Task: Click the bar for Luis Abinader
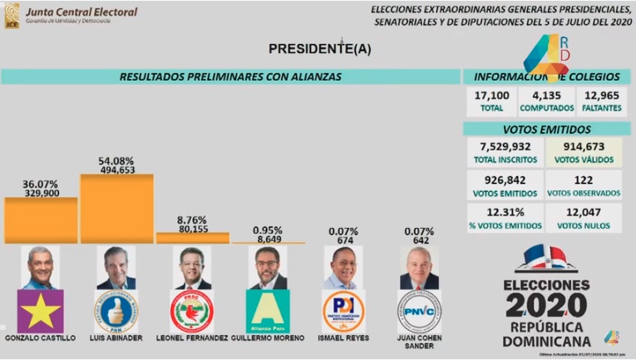(x=116, y=209)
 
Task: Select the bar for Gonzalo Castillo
(x=41, y=220)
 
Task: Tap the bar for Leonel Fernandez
(x=193, y=238)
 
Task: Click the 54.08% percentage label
(x=116, y=160)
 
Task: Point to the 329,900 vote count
(x=41, y=192)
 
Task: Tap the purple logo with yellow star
(x=41, y=311)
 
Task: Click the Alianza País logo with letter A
(x=267, y=311)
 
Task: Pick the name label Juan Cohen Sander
(x=419, y=342)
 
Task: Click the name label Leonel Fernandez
(x=193, y=338)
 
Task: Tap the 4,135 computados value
(x=546, y=96)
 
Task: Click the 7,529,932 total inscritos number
(x=501, y=147)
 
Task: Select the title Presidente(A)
(x=318, y=49)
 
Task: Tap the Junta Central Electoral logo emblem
(x=12, y=14)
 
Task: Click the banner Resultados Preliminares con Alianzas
(x=230, y=76)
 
